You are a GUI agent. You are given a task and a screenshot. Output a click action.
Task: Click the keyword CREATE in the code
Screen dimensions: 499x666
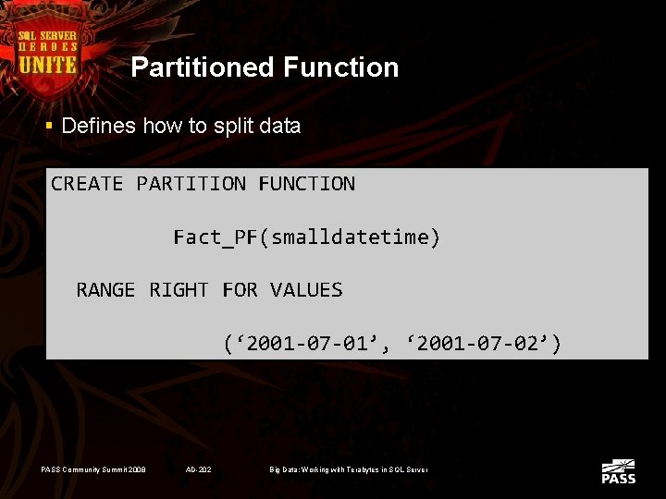coord(87,184)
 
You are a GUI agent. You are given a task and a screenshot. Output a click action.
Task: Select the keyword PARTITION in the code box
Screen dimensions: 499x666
coord(191,184)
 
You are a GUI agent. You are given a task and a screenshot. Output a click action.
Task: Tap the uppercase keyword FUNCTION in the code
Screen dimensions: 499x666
coord(306,184)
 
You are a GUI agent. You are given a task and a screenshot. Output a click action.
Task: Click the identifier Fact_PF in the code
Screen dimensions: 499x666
coord(216,237)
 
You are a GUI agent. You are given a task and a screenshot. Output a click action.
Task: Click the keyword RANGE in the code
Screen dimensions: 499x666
coord(105,290)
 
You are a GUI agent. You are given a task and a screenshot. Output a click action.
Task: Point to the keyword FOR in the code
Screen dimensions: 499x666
coord(240,290)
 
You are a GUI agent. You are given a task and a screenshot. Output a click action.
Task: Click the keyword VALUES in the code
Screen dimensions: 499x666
coord(306,290)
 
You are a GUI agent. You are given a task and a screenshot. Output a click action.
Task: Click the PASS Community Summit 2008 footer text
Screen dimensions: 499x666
coord(92,470)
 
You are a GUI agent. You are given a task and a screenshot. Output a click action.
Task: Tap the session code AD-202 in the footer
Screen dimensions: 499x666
coord(199,470)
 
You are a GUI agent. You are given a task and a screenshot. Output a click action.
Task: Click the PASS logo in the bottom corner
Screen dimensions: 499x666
coord(618,471)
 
